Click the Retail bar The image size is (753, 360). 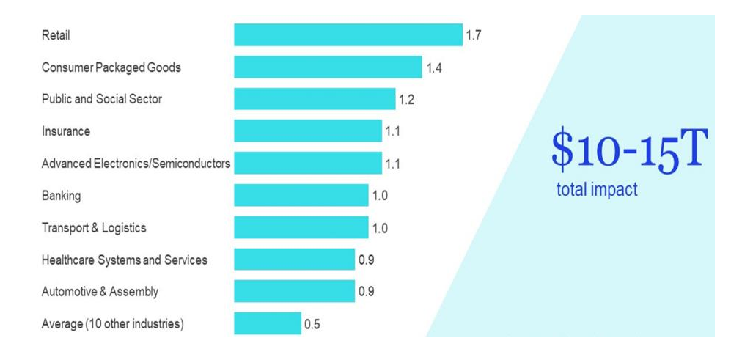tap(348, 34)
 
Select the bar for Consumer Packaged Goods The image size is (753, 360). tap(328, 67)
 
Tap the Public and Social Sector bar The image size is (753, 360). tap(315, 99)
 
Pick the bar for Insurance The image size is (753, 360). tap(308, 131)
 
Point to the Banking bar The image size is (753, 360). tap(301, 195)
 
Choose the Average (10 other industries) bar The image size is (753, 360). tap(268, 323)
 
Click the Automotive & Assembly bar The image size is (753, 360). tap(294, 291)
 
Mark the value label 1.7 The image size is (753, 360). tap(473, 35)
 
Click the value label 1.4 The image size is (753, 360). tap(433, 67)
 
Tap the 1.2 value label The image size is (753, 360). tap(406, 100)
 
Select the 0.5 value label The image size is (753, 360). tap(312, 324)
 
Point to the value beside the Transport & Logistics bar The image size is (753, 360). tap(380, 228)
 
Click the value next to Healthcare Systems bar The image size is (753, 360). tap(366, 260)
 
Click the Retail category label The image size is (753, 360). tap(56, 35)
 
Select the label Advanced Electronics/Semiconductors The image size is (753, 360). tap(136, 164)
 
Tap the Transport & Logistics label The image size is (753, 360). tap(94, 227)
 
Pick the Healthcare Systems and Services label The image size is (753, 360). tap(125, 260)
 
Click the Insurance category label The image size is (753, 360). tap(66, 131)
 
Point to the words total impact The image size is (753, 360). tap(597, 190)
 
